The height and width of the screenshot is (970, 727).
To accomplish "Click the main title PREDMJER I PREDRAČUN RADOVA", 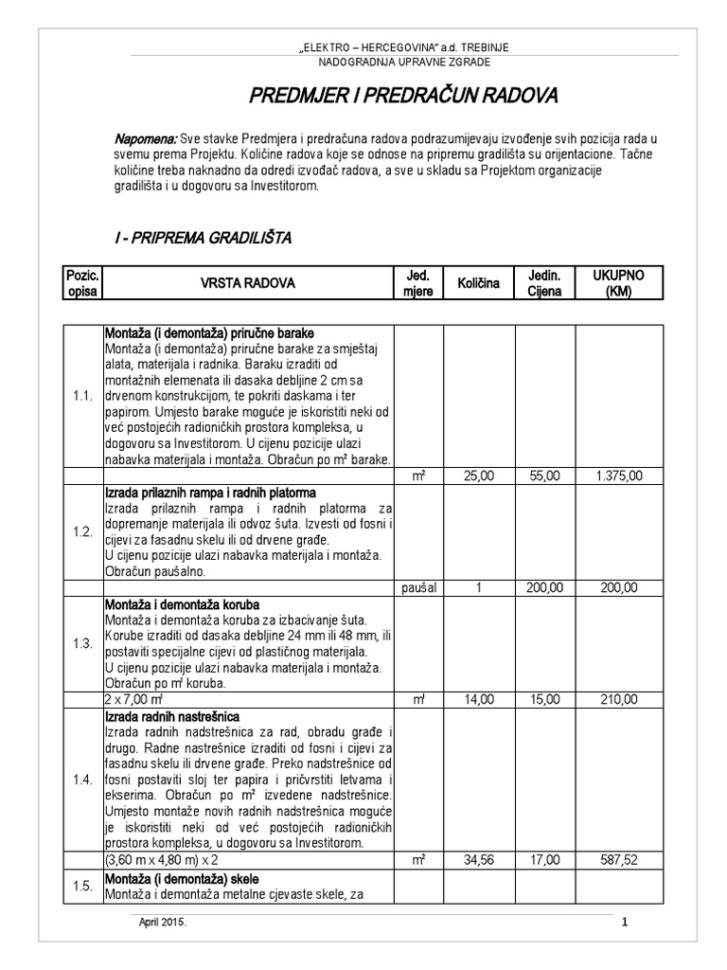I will pyautogui.click(x=403, y=96).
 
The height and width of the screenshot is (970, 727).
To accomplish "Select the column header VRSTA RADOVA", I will pyautogui.click(x=247, y=282).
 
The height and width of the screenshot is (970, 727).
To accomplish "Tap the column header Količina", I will pyautogui.click(x=478, y=282).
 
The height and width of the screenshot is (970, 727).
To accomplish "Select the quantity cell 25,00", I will pyautogui.click(x=478, y=476).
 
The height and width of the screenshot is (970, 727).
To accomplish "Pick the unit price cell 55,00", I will pyautogui.click(x=544, y=476).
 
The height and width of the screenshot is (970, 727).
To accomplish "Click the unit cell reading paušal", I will pyautogui.click(x=417, y=587).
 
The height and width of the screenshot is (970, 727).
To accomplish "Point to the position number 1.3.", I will pyautogui.click(x=82, y=643).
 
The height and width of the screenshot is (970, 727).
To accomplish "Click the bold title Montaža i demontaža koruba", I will pyautogui.click(x=182, y=603).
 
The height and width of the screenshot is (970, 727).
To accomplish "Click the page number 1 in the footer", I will pyautogui.click(x=625, y=923).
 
